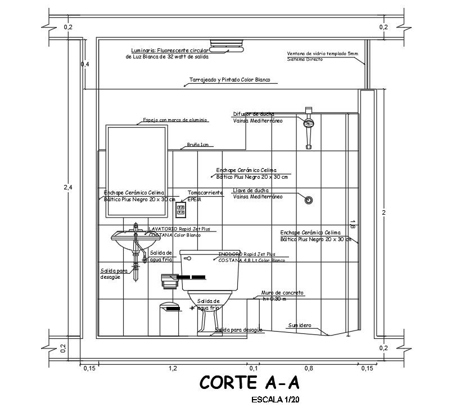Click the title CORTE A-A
(250, 383)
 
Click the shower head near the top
(308, 123)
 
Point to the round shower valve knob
(308, 200)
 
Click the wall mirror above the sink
(137, 170)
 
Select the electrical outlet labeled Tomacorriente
(181, 210)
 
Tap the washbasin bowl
(135, 241)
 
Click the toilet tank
(210, 270)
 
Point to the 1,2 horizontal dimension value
(173, 368)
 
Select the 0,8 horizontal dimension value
(309, 368)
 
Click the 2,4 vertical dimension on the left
(67, 187)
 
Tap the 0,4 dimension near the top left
(85, 64)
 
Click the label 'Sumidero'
(300, 325)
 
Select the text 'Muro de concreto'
(282, 293)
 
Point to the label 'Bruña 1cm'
(197, 145)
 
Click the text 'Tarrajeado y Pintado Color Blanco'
(229, 80)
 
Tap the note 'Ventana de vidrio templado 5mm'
(322, 53)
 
